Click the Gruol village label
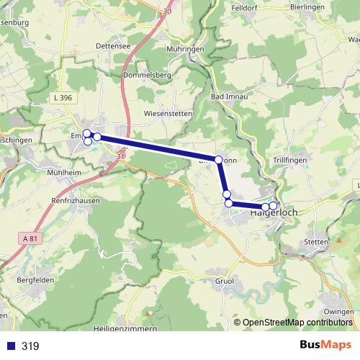coord(225,281)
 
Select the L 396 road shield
coord(63,97)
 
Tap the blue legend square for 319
coord(9,346)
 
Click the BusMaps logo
coord(325,345)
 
